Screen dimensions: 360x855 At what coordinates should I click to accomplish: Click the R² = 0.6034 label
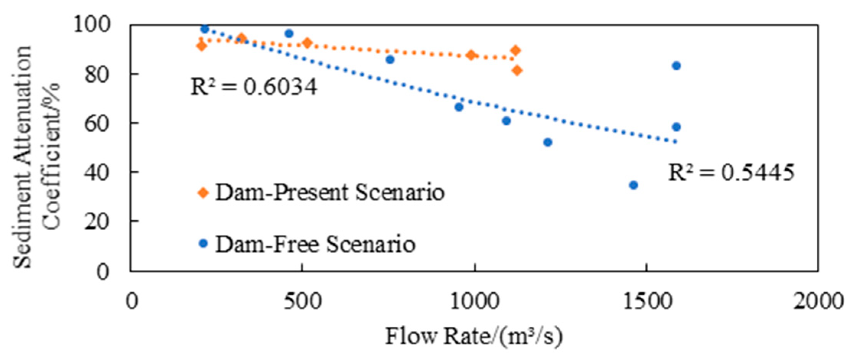click(x=254, y=87)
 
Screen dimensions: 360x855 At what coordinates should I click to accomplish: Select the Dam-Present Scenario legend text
click(x=330, y=192)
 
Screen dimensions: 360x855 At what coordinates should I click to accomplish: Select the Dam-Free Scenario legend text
click(x=315, y=244)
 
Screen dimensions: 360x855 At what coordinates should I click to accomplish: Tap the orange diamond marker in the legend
click(x=203, y=193)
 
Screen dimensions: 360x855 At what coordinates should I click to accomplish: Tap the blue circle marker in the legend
click(x=204, y=243)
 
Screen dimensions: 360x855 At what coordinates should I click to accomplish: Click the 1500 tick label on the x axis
click(x=646, y=302)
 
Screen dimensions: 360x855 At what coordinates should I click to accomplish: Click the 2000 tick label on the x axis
click(x=817, y=302)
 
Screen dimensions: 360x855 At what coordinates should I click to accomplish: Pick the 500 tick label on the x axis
click(x=302, y=302)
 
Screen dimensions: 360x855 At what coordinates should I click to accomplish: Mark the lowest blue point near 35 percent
click(x=633, y=185)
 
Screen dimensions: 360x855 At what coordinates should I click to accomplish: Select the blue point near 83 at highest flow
click(x=676, y=66)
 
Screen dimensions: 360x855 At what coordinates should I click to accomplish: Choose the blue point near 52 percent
click(x=548, y=142)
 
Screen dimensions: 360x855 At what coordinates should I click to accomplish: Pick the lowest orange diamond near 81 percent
click(x=517, y=70)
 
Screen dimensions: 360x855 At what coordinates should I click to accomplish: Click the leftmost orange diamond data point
click(x=201, y=46)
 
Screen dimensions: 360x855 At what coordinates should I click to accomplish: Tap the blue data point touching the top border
click(x=204, y=29)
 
